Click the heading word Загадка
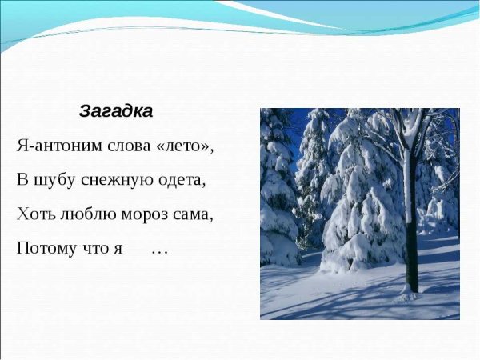click(x=115, y=111)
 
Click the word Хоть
click(x=34, y=214)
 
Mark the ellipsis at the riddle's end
click(x=159, y=250)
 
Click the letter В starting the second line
click(x=22, y=181)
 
